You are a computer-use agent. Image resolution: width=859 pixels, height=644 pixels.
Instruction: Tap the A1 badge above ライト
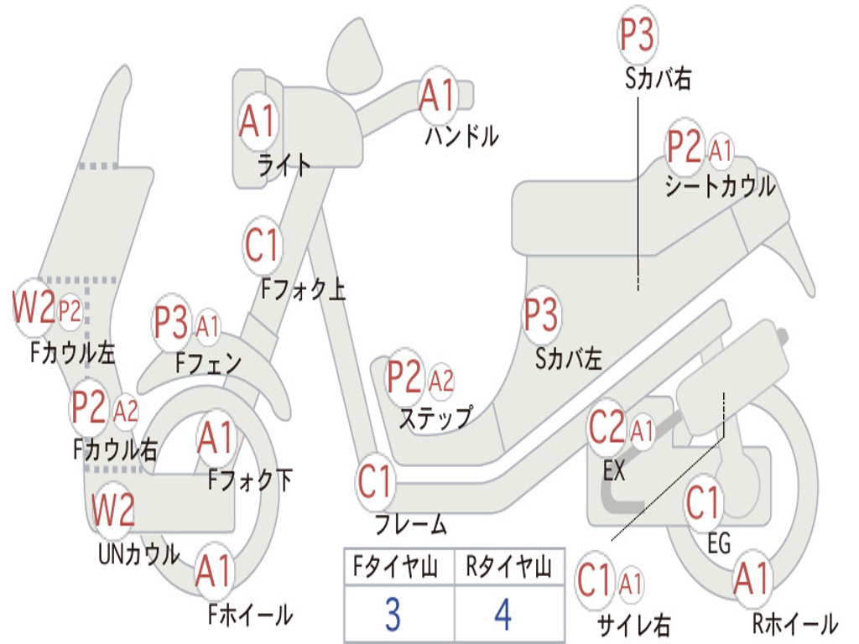[x=257, y=122]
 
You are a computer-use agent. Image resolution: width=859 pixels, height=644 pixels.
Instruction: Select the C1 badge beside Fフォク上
[x=262, y=245]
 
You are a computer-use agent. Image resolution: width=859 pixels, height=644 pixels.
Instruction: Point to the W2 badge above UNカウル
[x=113, y=509]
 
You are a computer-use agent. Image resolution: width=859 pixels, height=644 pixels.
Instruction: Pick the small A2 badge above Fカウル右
[x=126, y=411]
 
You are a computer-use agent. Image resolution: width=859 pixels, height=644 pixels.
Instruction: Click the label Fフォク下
[x=250, y=480]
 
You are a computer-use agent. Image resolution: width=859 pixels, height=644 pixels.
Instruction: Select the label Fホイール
[x=250, y=615]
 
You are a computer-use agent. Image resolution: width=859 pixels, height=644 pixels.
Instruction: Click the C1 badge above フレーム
[x=375, y=482]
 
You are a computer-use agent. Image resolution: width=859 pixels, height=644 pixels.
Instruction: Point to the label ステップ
[x=435, y=417]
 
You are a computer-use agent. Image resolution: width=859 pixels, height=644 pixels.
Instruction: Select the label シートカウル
[x=720, y=186]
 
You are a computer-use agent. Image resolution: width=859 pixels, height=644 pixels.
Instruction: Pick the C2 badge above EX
[x=607, y=428]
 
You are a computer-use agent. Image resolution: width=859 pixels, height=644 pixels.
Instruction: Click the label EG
[x=719, y=543]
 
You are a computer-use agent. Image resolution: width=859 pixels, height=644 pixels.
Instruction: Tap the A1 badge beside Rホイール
[x=751, y=579]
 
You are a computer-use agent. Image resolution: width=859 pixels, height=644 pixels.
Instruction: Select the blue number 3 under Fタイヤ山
[x=393, y=615]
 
